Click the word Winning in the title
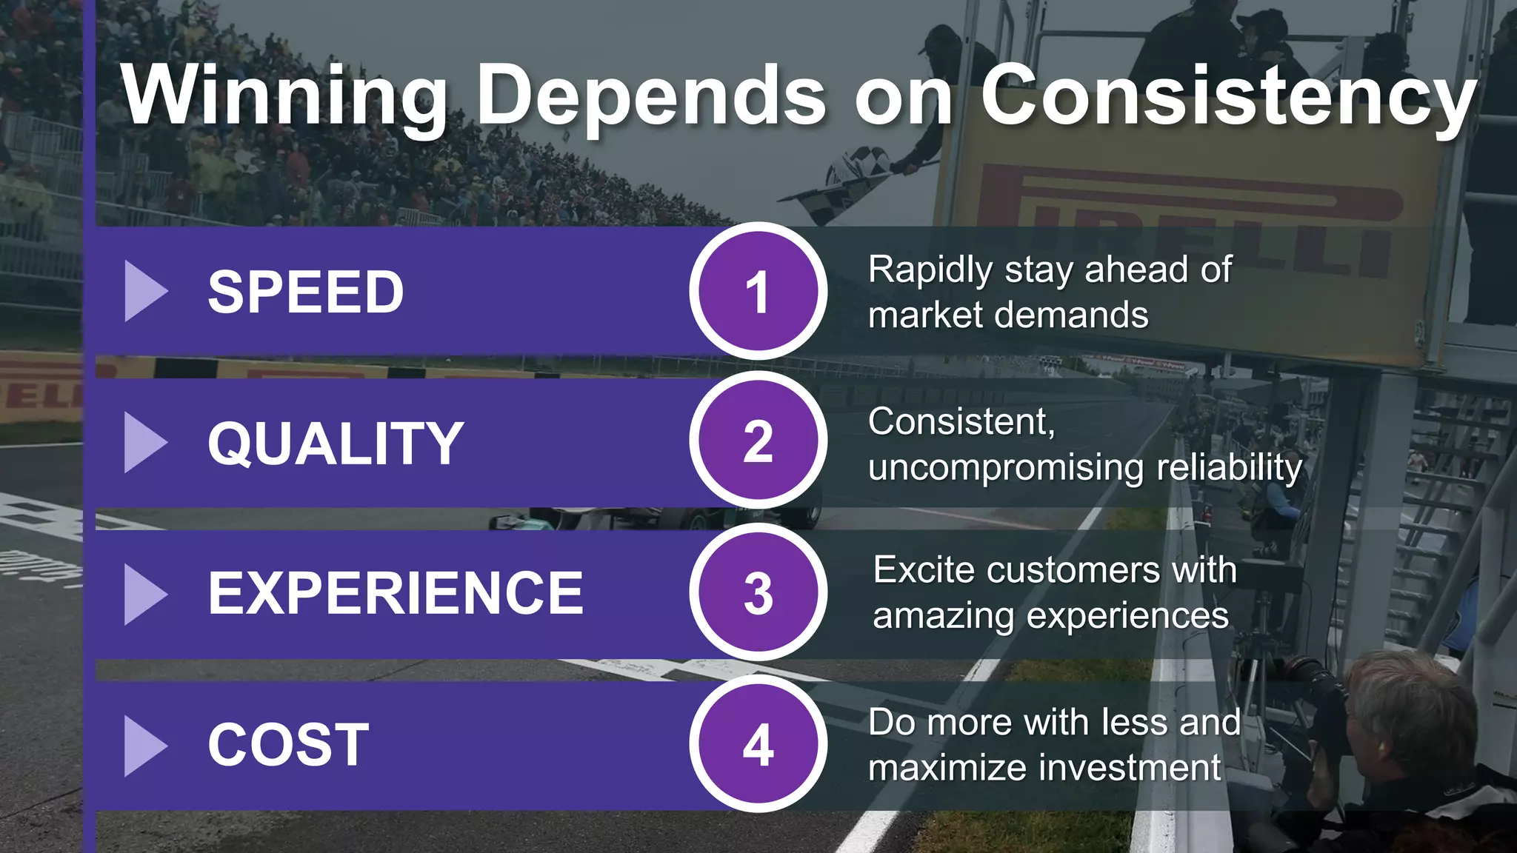click(285, 96)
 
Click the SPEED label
click(306, 292)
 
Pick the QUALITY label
click(336, 444)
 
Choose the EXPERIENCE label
click(396, 594)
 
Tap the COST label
click(289, 745)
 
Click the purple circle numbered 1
click(758, 291)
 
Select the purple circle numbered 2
click(758, 442)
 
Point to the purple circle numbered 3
click(758, 593)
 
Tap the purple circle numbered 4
click(758, 744)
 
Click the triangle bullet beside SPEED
click(144, 291)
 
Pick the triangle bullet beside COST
click(144, 746)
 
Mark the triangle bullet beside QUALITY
click(144, 443)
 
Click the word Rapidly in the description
click(930, 270)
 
